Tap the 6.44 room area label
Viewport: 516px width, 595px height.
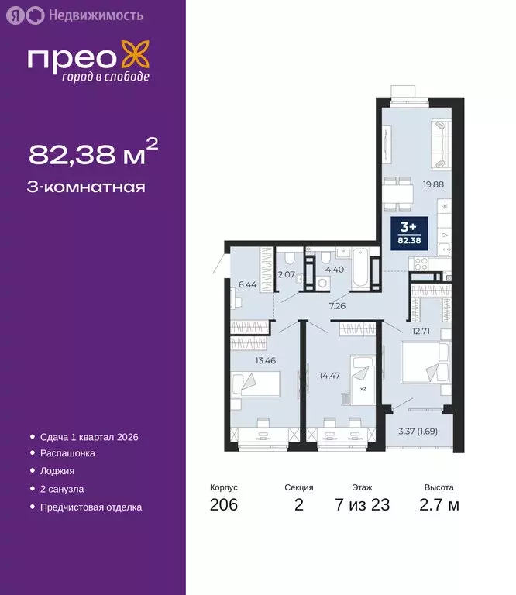click(247, 284)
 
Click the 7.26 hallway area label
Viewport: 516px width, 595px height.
click(337, 306)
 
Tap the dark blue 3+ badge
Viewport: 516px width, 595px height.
click(408, 231)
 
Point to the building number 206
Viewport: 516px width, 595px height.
click(223, 506)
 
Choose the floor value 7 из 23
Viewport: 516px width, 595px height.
click(363, 506)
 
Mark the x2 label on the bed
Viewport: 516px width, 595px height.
click(362, 388)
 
